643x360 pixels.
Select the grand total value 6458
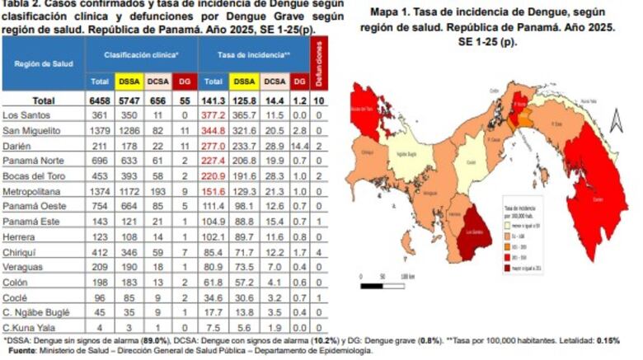pyautogui.click(x=100, y=101)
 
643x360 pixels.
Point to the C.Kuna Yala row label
pyautogui.click(x=29, y=325)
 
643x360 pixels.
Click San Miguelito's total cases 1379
pyautogui.click(x=100, y=130)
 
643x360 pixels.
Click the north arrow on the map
pyautogui.click(x=611, y=124)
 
